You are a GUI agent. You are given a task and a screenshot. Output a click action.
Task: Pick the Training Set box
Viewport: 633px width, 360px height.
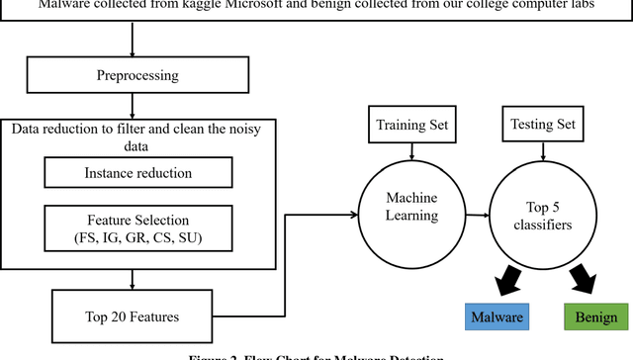(x=410, y=126)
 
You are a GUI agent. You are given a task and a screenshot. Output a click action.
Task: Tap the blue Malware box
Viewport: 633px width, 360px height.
(x=497, y=316)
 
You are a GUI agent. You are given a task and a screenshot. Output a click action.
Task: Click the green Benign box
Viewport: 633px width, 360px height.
(x=596, y=316)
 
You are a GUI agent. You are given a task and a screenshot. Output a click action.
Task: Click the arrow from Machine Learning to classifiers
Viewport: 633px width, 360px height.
(x=477, y=213)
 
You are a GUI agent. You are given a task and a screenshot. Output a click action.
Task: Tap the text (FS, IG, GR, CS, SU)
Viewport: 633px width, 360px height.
(x=137, y=237)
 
